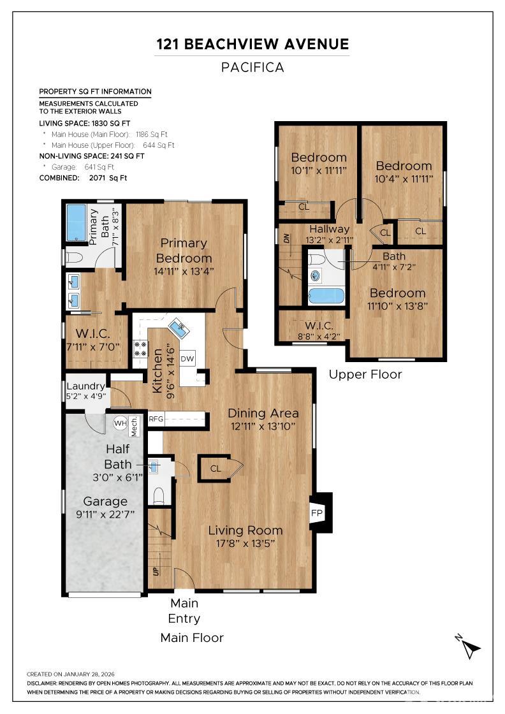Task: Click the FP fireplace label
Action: [x=316, y=513]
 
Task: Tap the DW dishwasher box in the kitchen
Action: [x=187, y=359]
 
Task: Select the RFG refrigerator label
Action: [x=156, y=419]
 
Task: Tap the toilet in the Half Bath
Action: [x=159, y=495]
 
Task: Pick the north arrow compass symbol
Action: [x=470, y=647]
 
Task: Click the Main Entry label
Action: [x=184, y=610]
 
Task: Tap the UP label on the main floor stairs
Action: [x=155, y=571]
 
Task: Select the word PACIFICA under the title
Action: [x=252, y=68]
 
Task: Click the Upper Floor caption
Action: [x=365, y=374]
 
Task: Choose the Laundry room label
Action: [x=85, y=386]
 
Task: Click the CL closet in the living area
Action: [x=217, y=469]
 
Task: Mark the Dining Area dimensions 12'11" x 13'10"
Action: [x=261, y=426]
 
